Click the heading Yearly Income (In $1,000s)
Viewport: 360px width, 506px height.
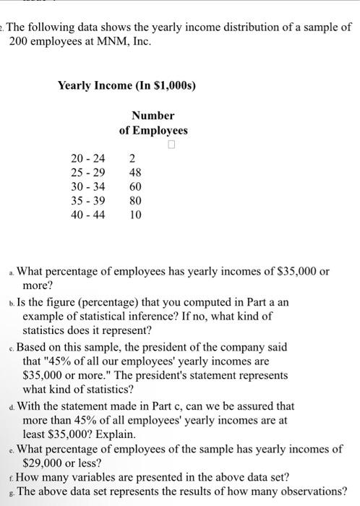coord(127,86)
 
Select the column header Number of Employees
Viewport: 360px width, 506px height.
coord(153,123)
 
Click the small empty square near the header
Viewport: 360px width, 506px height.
coord(171,145)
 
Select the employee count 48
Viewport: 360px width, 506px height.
coord(135,173)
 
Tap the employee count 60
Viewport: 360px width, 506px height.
coord(135,186)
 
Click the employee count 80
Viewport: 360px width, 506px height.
coord(135,200)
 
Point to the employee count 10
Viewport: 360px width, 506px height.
coord(135,214)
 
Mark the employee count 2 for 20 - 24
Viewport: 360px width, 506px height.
coord(132,159)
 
